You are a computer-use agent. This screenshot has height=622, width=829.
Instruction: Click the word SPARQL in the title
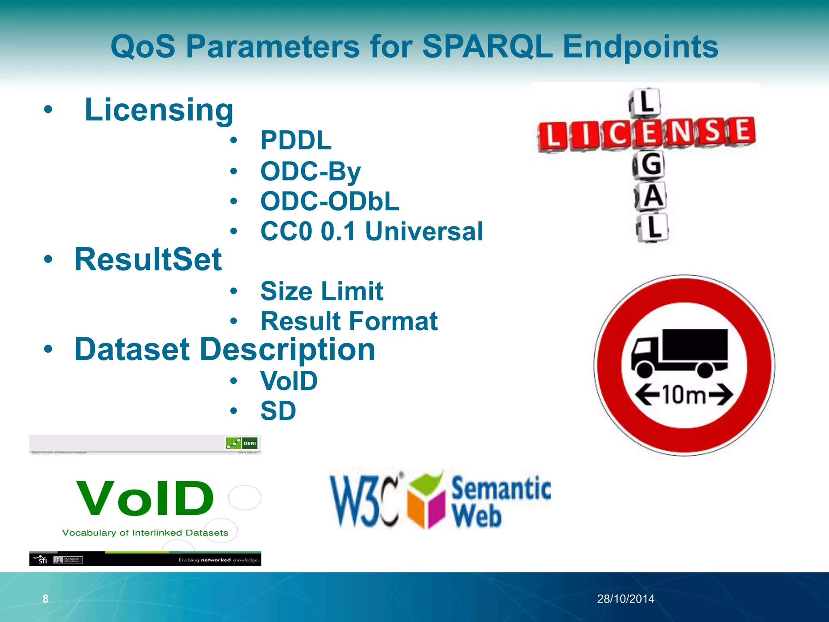[487, 47]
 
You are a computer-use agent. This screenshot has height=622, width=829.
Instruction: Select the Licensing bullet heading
[159, 110]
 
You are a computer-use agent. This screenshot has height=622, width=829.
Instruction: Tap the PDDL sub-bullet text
[296, 141]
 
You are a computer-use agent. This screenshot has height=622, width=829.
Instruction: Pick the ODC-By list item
[310, 171]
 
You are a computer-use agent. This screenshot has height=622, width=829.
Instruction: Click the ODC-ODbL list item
[329, 201]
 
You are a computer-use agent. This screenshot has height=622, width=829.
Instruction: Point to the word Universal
[424, 231]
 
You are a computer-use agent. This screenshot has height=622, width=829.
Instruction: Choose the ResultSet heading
[148, 260]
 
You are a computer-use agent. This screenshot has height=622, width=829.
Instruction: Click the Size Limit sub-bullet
[321, 291]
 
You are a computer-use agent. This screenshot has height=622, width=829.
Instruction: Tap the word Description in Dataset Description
[287, 349]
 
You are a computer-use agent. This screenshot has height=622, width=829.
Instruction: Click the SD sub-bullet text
[278, 411]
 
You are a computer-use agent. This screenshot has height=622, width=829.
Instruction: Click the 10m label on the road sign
[684, 394]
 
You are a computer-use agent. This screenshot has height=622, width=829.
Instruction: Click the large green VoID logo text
[145, 498]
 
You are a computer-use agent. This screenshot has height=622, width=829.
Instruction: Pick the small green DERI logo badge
[241, 443]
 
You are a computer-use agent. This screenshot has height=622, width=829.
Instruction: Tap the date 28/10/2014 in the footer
[625, 599]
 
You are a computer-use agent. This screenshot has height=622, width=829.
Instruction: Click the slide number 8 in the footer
[45, 599]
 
